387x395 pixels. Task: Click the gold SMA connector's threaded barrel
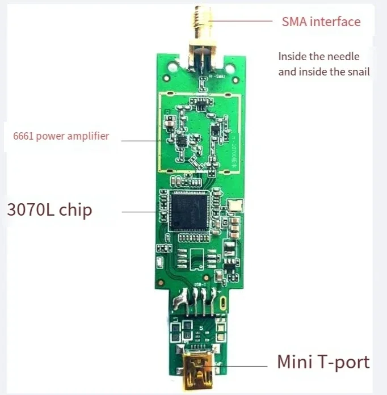[200, 20]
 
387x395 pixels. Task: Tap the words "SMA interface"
[321, 22]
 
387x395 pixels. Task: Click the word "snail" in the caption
[357, 72]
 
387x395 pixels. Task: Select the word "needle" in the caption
[346, 57]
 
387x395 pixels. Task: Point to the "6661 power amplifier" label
[61, 136]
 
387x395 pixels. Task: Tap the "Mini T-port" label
[323, 362]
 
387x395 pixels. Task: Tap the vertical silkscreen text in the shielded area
[233, 151]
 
